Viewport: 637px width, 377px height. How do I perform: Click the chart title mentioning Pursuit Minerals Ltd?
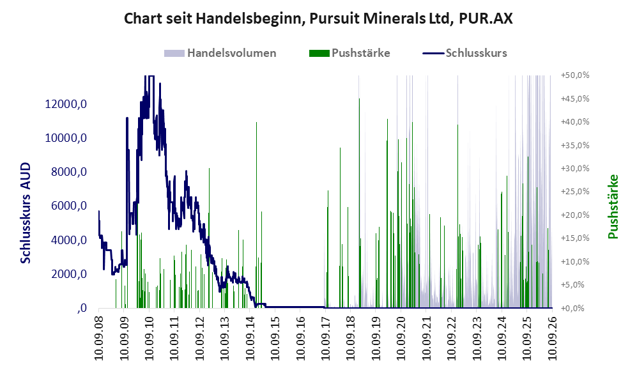coord(318,19)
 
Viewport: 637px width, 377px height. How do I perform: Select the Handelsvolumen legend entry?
coord(220,53)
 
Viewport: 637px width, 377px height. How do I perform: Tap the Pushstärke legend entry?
coord(349,53)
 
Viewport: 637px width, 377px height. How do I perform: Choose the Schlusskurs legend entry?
coord(464,53)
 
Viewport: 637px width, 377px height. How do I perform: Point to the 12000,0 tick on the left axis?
coord(66,104)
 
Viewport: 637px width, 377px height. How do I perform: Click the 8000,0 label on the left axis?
coord(69,172)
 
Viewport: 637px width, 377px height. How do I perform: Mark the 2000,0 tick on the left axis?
coord(69,274)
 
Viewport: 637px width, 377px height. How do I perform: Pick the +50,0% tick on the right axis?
coord(575,75)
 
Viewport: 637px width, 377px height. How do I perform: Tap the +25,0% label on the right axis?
coord(575,191)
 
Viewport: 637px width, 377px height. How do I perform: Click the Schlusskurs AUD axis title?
coord(25,213)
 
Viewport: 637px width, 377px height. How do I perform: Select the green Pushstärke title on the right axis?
coord(613,206)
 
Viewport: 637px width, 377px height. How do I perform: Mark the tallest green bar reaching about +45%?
coord(359,203)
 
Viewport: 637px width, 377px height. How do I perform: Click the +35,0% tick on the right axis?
coord(575,145)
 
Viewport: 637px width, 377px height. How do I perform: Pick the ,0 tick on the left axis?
coord(82,308)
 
